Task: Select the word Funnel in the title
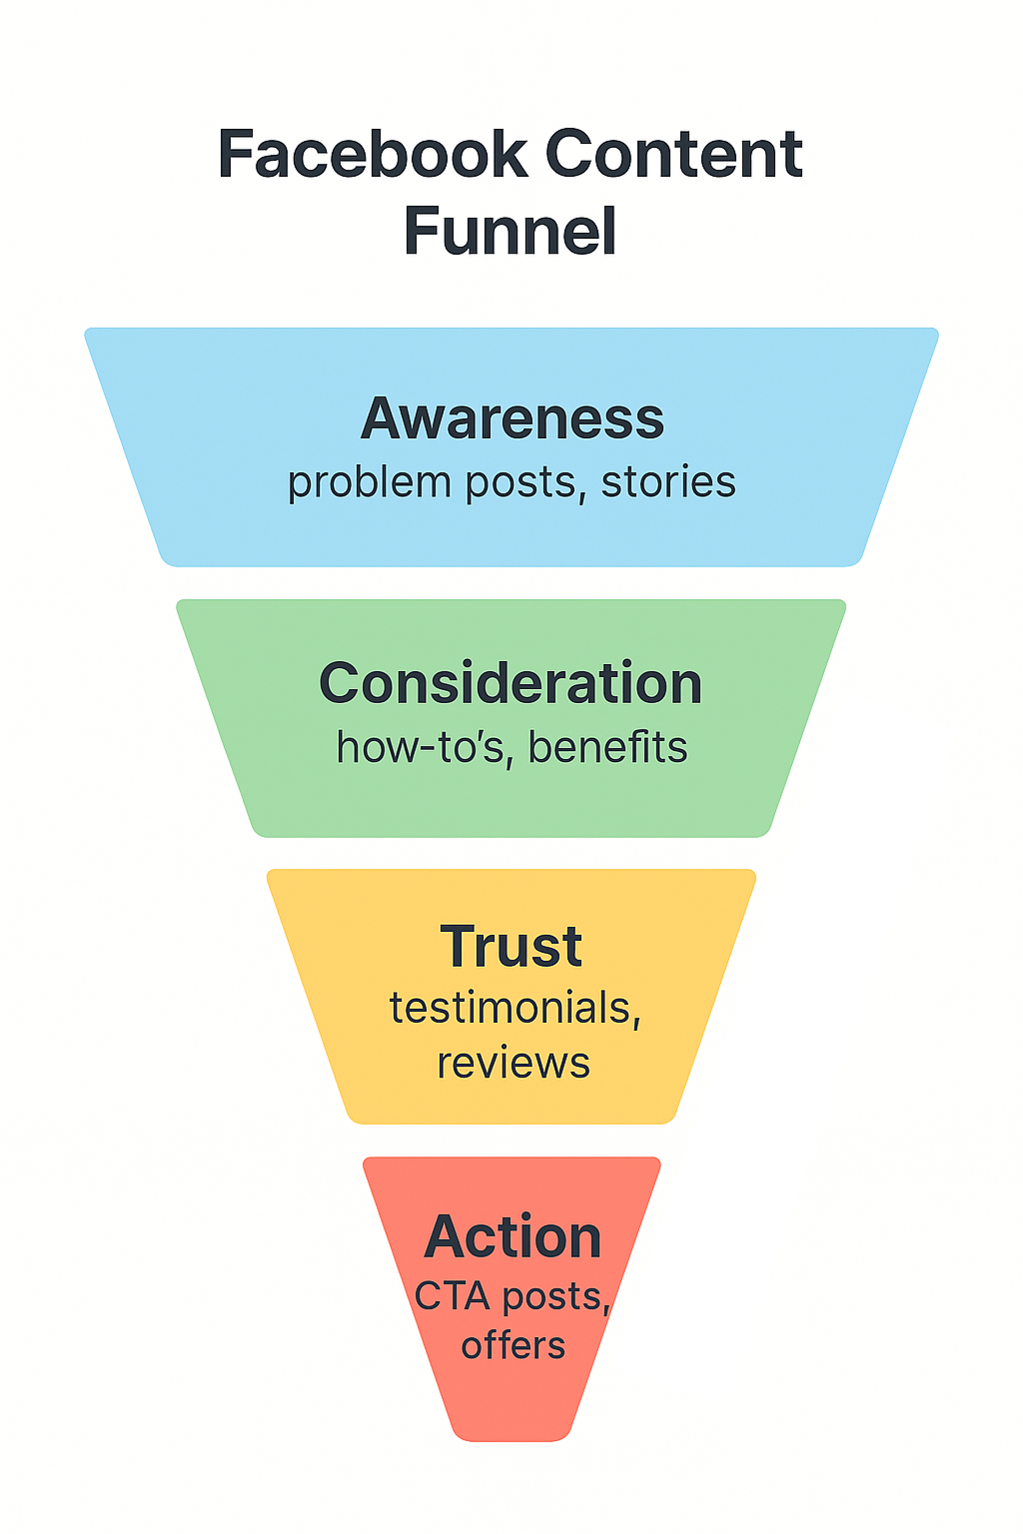510,232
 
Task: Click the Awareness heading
511,418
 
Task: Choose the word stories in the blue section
668,482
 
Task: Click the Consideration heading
511,684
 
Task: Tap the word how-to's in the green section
420,748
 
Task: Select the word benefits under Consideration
607,748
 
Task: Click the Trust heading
511,947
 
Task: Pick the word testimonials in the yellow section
510,1009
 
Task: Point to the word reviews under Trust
513,1064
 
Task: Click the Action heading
512,1237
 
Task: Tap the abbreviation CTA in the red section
452,1297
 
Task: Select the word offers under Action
512,1346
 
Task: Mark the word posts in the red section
551,1297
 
